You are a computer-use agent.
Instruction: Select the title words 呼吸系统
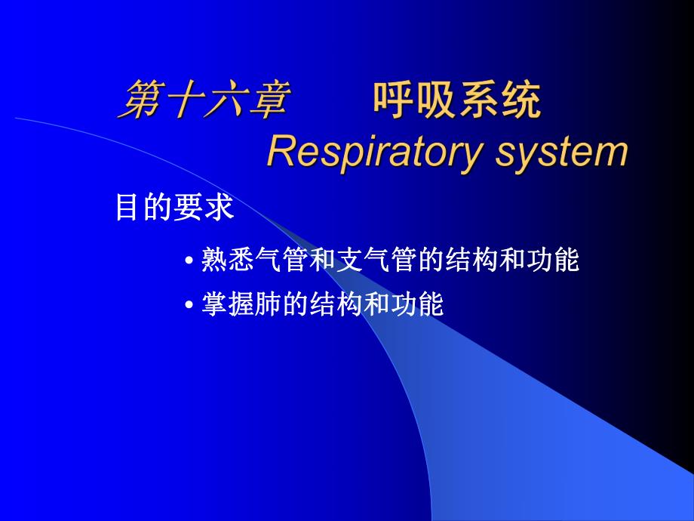pos(457,100)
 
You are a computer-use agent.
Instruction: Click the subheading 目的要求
pos(174,208)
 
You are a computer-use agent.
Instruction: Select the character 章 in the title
pos(266,100)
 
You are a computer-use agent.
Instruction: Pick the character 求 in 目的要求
pos(220,208)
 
